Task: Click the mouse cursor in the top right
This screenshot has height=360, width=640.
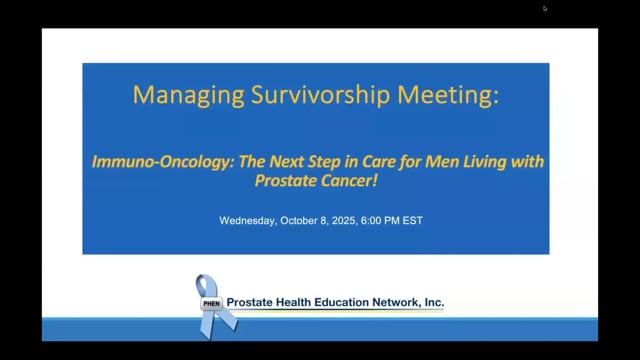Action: tap(545, 9)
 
